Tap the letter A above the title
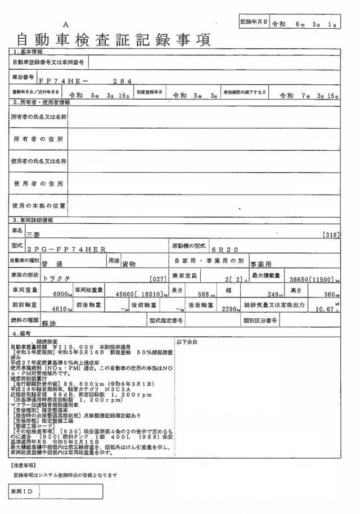tap(66, 25)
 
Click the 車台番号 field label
tap(23, 75)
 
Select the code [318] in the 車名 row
tap(332, 234)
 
